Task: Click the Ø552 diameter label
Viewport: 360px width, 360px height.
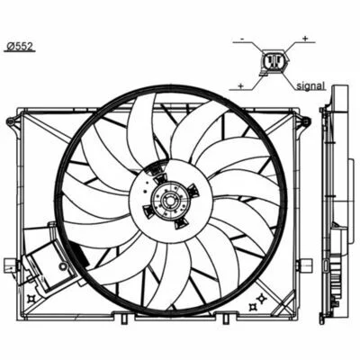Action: click(x=21, y=46)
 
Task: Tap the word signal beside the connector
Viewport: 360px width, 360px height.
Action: click(x=310, y=85)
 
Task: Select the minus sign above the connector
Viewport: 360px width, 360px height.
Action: click(x=243, y=39)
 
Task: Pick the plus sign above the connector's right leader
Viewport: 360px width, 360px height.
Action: click(x=305, y=38)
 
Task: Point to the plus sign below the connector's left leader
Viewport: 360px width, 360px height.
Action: click(x=240, y=85)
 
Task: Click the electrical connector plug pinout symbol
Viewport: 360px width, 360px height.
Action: click(x=274, y=61)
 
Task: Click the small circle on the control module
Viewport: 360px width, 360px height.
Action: click(x=63, y=266)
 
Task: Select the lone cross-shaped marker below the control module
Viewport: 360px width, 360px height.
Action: click(x=31, y=299)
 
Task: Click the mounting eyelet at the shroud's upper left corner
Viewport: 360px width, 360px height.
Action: click(x=12, y=121)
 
